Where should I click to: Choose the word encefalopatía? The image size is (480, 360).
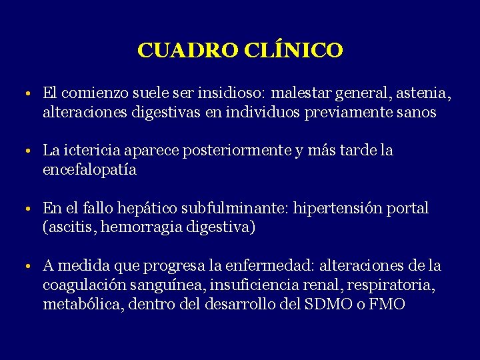pyautogui.click(x=89, y=170)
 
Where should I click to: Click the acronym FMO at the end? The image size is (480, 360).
pyautogui.click(x=387, y=305)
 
